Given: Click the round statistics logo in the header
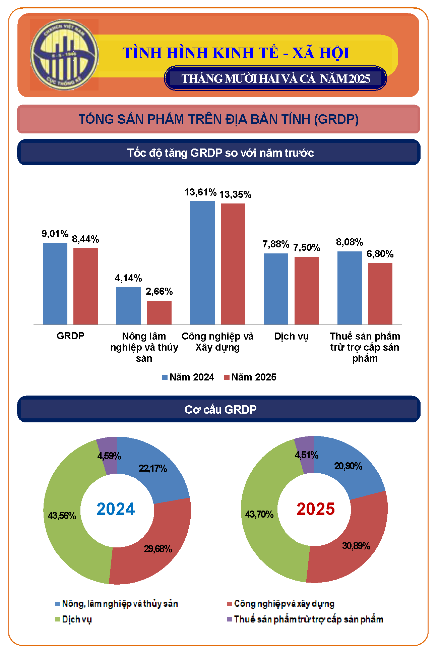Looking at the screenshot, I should coord(64,55).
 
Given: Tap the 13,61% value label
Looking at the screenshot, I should coord(200,192).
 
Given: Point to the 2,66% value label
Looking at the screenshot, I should coord(159,292).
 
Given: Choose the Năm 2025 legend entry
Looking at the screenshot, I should coord(250,377).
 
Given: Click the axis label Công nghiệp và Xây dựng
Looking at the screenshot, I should coord(217,342).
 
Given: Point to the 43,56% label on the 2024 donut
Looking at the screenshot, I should coord(62,516).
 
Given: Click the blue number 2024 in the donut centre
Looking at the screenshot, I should coord(116,509).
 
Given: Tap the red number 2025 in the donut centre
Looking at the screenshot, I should coord(315,509).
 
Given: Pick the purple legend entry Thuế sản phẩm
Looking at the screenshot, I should coord(305,619).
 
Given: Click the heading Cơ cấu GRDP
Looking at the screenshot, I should coord(220,409).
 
